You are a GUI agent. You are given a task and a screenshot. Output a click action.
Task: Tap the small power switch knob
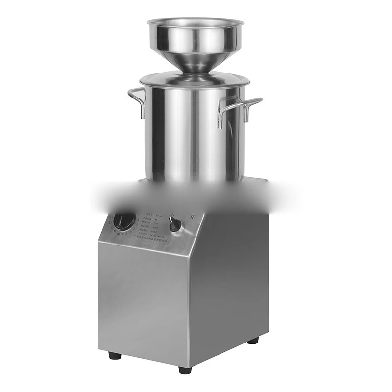(x=175, y=224)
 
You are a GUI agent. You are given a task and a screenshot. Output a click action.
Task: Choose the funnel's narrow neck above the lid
(x=196, y=68)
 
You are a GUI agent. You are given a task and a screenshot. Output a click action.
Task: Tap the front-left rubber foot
(x=115, y=355)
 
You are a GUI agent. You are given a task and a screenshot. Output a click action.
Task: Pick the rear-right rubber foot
(x=253, y=340)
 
